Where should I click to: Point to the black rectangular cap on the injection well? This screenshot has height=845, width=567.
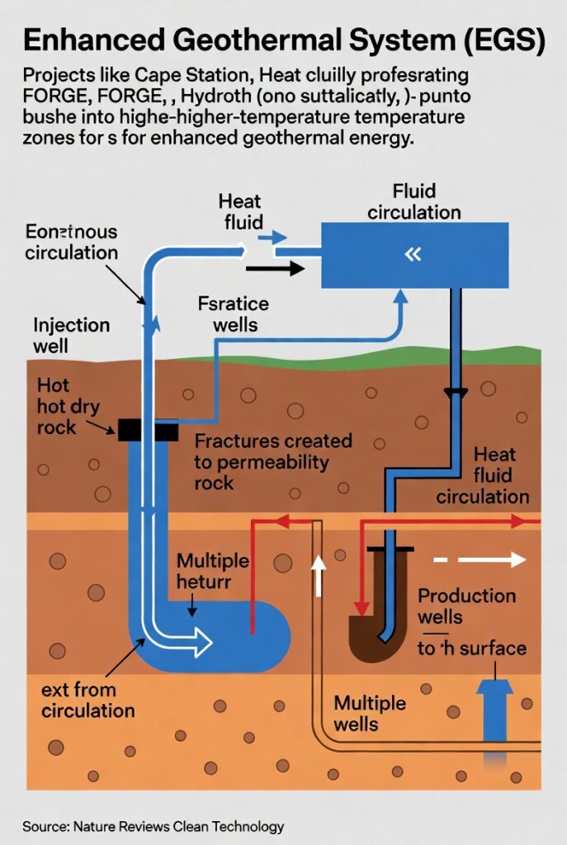coord(147,430)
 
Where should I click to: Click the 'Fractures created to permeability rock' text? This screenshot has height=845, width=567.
coord(272,461)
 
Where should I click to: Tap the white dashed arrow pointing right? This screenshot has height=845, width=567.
coord(480,560)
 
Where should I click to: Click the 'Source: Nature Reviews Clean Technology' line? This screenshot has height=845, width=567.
coord(154,826)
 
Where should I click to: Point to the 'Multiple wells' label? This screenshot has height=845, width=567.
coord(370,714)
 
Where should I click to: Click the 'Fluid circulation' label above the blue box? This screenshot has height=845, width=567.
coord(413,201)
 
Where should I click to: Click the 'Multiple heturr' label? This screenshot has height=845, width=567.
coord(213,571)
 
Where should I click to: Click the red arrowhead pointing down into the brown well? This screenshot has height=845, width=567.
coord(360,607)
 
